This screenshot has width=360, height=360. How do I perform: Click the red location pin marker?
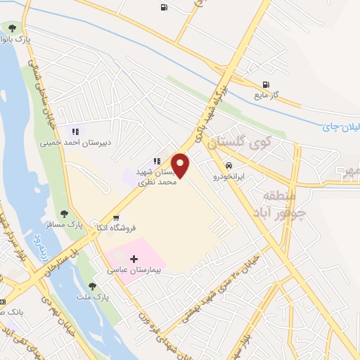click(x=181, y=165)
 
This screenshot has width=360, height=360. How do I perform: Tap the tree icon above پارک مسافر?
click(x=64, y=214)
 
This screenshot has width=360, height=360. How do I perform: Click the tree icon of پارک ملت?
click(x=92, y=285)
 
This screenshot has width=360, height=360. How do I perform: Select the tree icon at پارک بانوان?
click(x=12, y=28)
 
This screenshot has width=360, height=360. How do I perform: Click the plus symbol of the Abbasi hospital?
click(x=134, y=259)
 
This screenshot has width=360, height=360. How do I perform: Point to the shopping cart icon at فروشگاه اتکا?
click(x=115, y=217)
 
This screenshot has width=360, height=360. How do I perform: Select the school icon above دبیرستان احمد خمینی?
click(x=74, y=131)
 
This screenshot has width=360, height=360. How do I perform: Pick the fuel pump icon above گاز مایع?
click(x=266, y=84)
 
